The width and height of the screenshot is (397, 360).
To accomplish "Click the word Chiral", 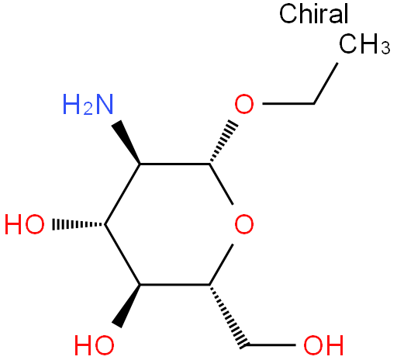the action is click(x=314, y=13).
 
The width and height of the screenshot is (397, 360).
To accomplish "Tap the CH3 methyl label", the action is click(x=364, y=44).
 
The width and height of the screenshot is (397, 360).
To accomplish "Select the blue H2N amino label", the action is click(x=88, y=104).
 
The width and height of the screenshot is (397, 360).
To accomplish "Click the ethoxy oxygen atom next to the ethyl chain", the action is click(x=244, y=104).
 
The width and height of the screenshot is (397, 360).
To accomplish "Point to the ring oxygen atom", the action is click(x=244, y=224).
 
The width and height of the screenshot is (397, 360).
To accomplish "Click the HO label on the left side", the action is click(x=25, y=224).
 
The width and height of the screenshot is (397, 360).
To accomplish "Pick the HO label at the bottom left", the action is click(x=95, y=345).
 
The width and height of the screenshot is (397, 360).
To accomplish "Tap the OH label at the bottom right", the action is click(x=323, y=345).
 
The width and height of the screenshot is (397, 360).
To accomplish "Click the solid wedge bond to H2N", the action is click(x=126, y=142).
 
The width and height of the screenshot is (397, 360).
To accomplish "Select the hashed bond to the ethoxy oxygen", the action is click(x=223, y=142).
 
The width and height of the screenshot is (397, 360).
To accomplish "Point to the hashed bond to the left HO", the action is click(x=79, y=224).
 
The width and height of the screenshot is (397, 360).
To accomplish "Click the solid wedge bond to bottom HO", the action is click(x=126, y=306).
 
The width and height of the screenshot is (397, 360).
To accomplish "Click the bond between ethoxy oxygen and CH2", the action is click(x=288, y=104).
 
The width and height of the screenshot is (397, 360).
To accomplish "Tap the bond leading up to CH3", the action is click(x=326, y=83).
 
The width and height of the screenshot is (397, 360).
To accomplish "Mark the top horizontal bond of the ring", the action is click(x=175, y=164).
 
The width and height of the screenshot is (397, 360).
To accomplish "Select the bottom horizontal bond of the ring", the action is click(x=175, y=285).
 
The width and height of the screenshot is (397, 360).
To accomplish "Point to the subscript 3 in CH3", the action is click(x=385, y=48).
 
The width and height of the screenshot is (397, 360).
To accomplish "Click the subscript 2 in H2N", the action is click(x=88, y=109).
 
